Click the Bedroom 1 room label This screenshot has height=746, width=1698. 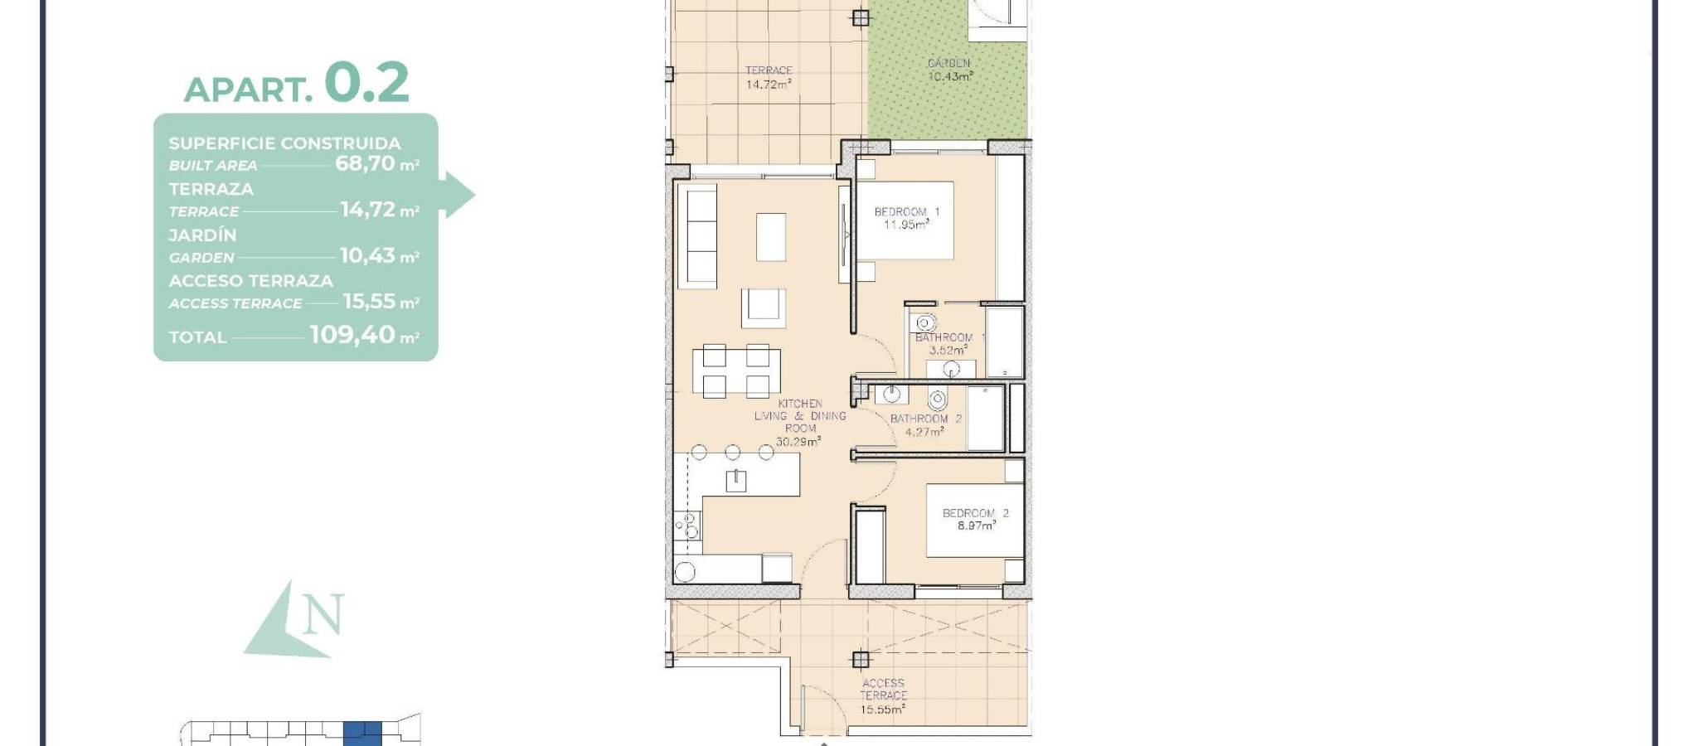click(x=907, y=212)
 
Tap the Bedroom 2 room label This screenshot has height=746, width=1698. click(x=976, y=513)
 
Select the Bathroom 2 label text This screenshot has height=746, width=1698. click(x=926, y=419)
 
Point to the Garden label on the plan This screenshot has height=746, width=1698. click(x=948, y=63)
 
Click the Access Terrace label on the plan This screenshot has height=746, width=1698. click(x=883, y=690)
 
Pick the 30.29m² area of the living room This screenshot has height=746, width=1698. click(x=798, y=442)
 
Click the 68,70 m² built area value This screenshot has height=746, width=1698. click(x=376, y=163)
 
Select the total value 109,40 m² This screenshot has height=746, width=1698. click(x=364, y=335)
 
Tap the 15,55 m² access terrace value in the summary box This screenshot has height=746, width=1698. click(x=381, y=301)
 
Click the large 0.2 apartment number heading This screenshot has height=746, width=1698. click(x=366, y=83)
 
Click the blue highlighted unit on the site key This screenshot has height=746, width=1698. click(x=362, y=734)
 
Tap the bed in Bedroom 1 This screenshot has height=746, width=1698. click(x=905, y=220)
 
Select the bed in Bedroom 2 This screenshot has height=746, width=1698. click(x=974, y=521)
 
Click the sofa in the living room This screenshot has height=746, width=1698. click(x=697, y=237)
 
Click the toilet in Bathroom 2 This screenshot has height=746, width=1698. click(x=937, y=400)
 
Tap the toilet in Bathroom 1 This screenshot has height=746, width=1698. click(x=924, y=322)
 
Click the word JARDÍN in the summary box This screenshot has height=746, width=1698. click(x=203, y=235)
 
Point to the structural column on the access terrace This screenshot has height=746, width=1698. click(x=861, y=660)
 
